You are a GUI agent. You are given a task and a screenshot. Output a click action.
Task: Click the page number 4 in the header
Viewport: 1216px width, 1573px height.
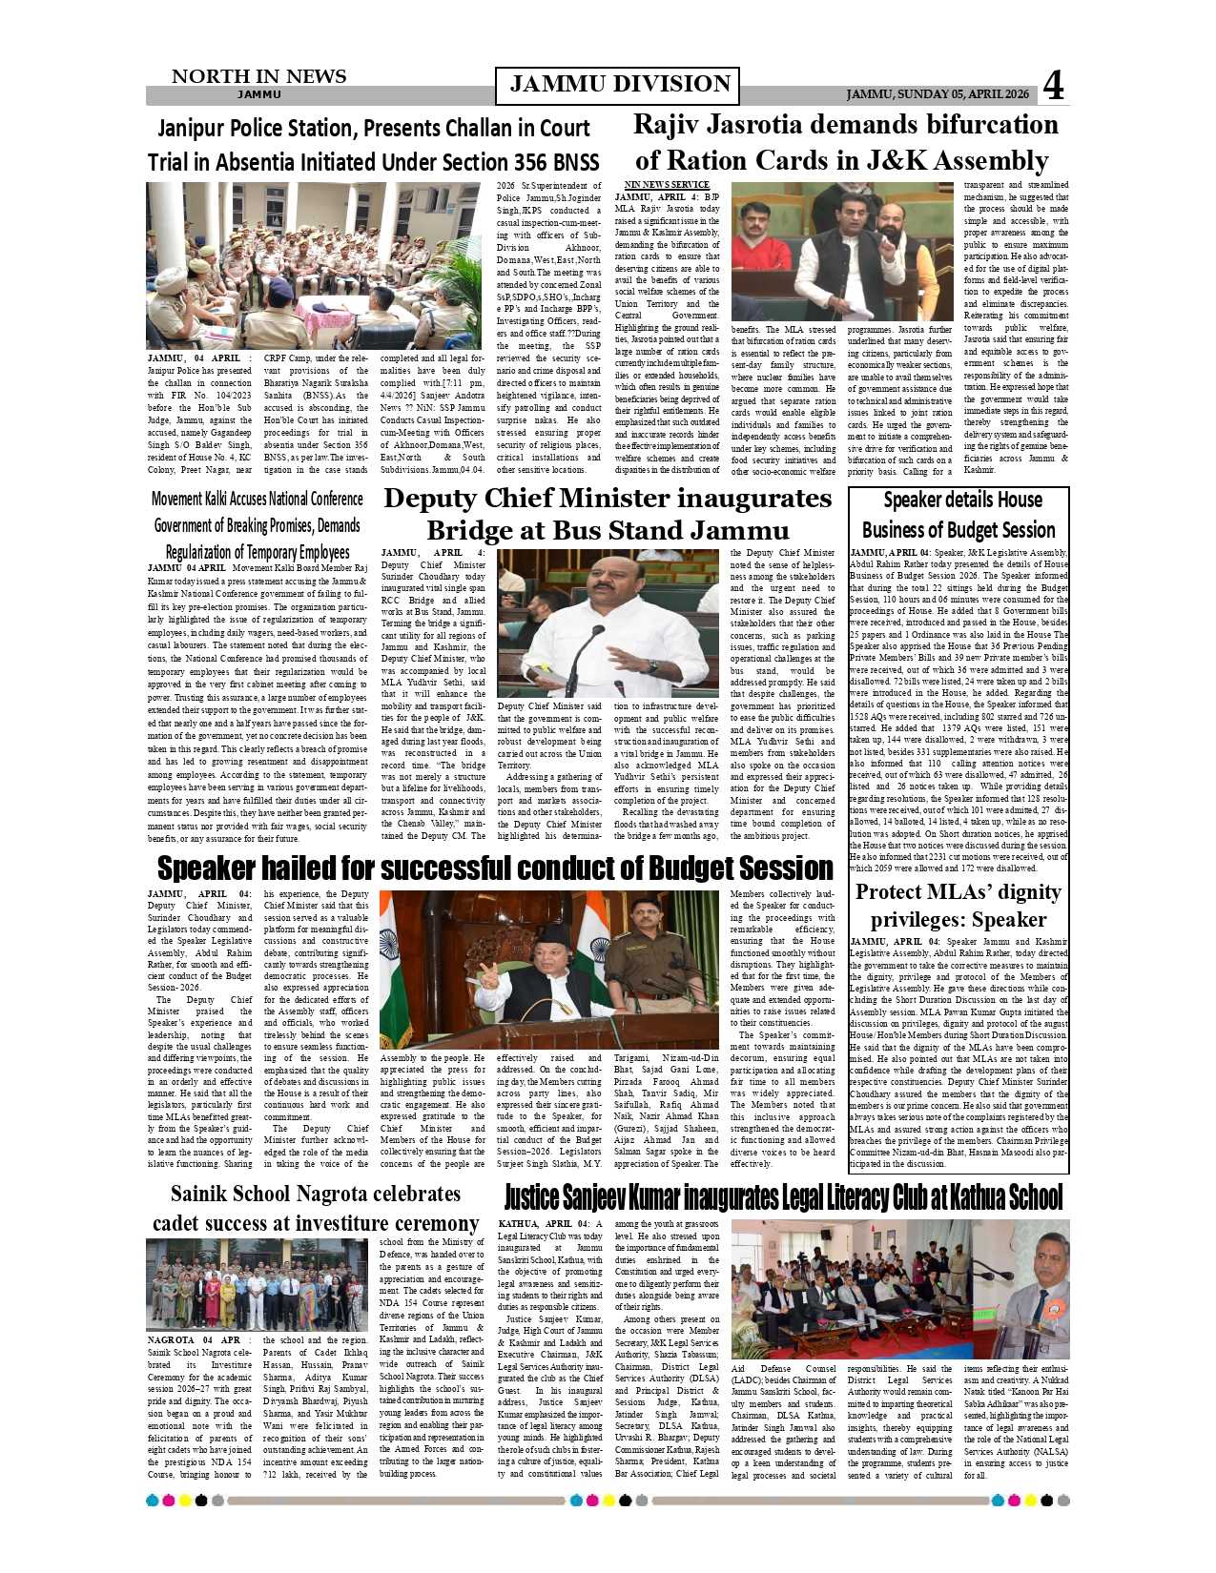(x=1053, y=86)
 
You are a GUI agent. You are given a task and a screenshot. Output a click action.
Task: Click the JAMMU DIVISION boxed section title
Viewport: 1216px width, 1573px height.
(x=617, y=85)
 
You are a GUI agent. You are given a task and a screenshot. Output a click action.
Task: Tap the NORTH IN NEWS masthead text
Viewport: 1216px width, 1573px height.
(x=258, y=77)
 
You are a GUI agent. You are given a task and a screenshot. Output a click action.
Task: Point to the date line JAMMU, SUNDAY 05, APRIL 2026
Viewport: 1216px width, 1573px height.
(x=938, y=94)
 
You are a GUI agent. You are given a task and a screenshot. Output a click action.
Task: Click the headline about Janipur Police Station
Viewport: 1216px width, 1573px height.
(x=373, y=144)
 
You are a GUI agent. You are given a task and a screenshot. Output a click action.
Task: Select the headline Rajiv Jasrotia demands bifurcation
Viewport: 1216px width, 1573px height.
(x=846, y=142)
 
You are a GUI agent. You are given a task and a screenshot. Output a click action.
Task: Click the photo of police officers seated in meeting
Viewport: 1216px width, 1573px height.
(x=313, y=266)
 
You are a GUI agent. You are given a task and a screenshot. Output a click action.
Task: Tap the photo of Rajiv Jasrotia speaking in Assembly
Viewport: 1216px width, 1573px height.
(x=842, y=251)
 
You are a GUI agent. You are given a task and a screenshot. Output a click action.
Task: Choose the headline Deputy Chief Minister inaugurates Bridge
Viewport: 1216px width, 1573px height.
(x=608, y=514)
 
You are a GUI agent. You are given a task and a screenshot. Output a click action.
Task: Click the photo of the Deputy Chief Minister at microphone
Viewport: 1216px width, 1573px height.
(x=608, y=623)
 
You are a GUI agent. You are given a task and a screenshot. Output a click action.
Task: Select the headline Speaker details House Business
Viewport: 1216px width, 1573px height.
(x=958, y=515)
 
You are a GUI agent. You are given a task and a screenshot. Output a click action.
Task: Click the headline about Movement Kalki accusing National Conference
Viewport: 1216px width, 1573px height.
(x=258, y=525)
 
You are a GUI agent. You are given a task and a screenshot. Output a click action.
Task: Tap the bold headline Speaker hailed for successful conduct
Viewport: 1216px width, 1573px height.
(x=495, y=868)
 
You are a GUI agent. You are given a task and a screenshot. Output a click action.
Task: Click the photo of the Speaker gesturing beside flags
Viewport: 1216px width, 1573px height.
(x=548, y=970)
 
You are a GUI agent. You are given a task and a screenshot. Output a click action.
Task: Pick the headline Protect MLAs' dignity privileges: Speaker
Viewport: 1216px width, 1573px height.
(x=958, y=906)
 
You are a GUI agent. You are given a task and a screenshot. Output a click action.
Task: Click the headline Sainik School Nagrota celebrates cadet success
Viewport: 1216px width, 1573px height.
(x=315, y=1208)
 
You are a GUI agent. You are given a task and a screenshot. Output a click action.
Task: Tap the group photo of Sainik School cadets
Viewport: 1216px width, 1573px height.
(x=257, y=1284)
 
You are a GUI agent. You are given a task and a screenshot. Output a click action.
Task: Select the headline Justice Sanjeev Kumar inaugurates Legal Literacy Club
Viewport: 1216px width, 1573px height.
(x=782, y=1197)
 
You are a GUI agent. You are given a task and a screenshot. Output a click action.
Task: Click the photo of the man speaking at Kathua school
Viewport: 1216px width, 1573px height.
(x=1020, y=1290)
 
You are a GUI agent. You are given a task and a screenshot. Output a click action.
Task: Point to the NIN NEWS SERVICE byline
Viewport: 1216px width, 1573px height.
(x=667, y=185)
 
